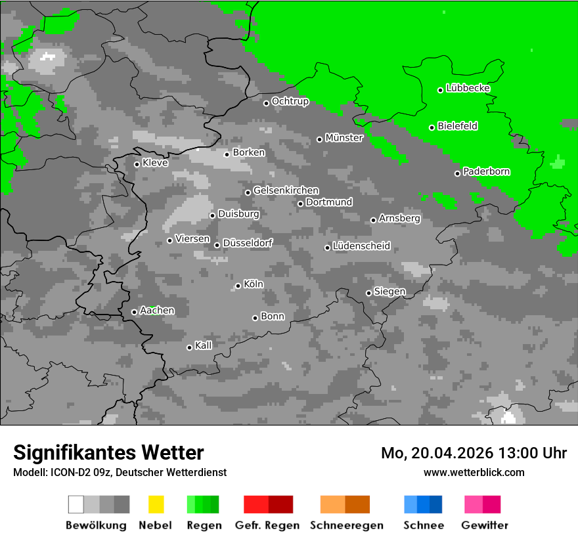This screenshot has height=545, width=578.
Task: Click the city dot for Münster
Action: tap(319, 139)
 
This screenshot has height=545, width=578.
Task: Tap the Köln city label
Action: tap(253, 284)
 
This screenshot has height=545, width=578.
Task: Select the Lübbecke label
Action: tap(468, 88)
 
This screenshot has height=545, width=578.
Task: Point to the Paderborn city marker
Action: tap(457, 173)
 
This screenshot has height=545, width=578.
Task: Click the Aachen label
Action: tap(157, 310)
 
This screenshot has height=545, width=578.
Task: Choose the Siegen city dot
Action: tap(368, 293)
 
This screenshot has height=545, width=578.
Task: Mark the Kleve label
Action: tap(155, 163)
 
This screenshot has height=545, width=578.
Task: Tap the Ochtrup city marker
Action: tap(266, 103)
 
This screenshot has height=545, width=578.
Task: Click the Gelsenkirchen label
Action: tap(286, 190)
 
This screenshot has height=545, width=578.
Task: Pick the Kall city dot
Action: tap(189, 347)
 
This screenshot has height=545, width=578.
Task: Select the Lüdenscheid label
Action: tap(361, 246)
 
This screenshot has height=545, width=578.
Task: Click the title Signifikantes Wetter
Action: tap(108, 452)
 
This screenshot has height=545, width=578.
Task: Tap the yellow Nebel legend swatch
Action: tap(156, 504)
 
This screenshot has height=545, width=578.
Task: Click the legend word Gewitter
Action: tap(484, 525)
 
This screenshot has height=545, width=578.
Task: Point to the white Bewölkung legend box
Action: tap(76, 504)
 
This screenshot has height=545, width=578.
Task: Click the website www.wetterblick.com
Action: tap(474, 472)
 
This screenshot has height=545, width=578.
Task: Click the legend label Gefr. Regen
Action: tap(267, 525)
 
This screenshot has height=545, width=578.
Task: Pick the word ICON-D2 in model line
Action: tap(64, 472)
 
